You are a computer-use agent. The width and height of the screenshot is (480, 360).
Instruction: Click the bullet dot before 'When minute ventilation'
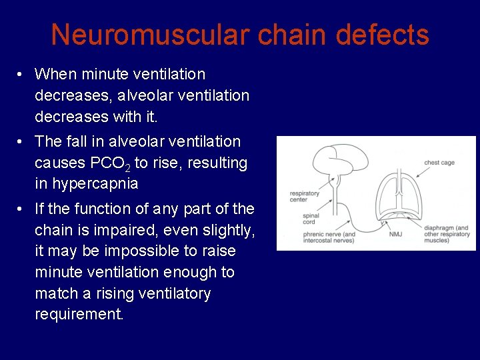(x=22, y=74)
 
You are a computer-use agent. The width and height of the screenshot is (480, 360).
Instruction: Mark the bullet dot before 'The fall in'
(x=22, y=141)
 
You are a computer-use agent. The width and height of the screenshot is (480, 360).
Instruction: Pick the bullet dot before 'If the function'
(x=22, y=209)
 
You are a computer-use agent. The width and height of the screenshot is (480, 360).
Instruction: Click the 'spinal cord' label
(x=310, y=219)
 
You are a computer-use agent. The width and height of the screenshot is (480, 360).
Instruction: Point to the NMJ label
(x=395, y=234)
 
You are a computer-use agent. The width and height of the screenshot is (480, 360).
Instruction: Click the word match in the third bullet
(x=56, y=294)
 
